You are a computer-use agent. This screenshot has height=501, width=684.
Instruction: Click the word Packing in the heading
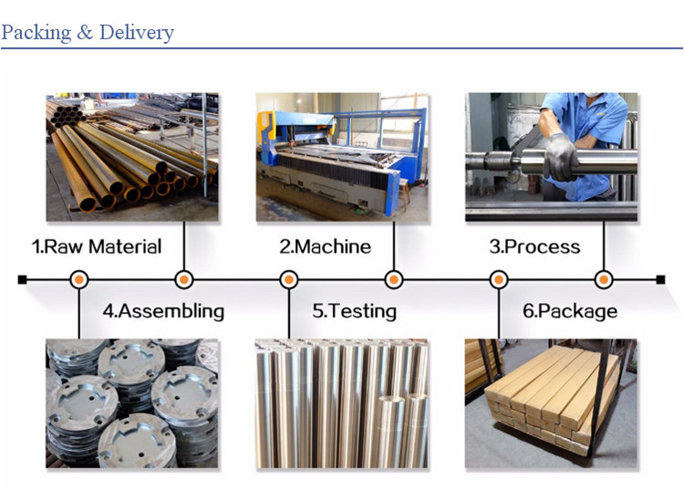point(36,33)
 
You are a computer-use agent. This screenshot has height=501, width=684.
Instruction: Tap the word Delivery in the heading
point(137,33)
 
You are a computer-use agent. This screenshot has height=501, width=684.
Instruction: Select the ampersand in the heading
point(85,33)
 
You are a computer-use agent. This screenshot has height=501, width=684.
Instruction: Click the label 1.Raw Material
point(97,246)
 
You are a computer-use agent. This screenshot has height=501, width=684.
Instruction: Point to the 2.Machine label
point(325,246)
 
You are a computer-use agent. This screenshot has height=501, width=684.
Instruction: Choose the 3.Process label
point(534,246)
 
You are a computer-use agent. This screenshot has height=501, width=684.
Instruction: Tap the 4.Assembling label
point(163,311)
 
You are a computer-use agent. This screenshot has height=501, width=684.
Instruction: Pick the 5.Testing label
point(354,311)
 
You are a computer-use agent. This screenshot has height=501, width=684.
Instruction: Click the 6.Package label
point(570,311)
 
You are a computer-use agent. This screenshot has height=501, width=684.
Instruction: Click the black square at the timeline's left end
point(22,280)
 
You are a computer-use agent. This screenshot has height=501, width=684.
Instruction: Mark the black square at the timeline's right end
point(661,280)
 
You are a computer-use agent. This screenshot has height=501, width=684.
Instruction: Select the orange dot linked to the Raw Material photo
point(184,280)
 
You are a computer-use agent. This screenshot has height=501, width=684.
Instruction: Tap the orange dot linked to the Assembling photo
point(79,280)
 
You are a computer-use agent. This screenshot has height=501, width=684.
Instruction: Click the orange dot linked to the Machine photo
point(394,280)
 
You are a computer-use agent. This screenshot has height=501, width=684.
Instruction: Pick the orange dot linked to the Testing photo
point(289,280)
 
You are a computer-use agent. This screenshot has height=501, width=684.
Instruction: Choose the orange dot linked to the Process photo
point(604,280)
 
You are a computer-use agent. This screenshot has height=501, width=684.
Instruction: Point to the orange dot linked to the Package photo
point(499,280)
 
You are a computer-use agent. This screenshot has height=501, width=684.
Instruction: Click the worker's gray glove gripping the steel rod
point(561,157)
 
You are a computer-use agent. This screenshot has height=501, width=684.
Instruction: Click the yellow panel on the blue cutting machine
point(265,128)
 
